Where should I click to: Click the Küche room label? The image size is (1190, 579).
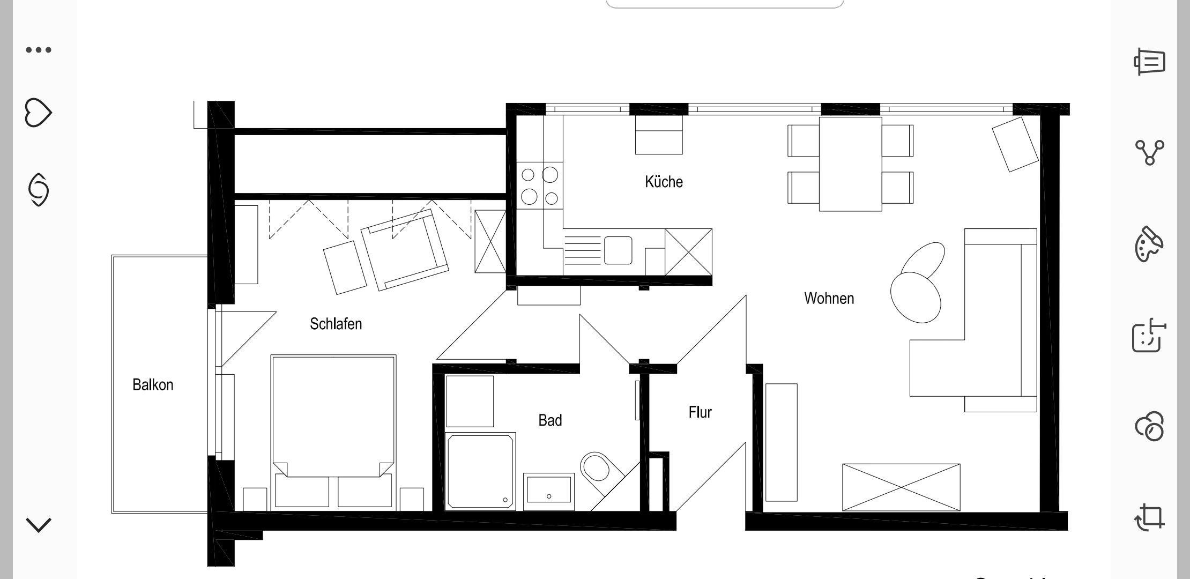point(664,182)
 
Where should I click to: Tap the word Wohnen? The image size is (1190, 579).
point(829,298)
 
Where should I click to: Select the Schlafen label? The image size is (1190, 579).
point(336,324)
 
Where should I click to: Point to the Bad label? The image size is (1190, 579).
point(550,420)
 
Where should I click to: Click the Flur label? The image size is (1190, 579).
point(700,412)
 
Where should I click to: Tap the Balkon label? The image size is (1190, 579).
point(153,385)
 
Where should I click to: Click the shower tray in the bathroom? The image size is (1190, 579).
point(480,471)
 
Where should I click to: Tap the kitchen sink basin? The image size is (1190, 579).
point(618,250)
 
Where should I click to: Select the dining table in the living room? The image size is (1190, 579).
point(850,164)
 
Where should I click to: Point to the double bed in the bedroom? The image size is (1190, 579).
point(333,431)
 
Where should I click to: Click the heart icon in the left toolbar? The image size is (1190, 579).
point(39,113)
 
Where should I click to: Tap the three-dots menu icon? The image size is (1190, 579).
point(39,50)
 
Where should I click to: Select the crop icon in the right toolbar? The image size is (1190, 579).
point(1149,517)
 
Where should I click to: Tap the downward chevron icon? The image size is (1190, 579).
point(39,525)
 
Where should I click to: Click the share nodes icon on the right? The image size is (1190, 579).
point(1149,152)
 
